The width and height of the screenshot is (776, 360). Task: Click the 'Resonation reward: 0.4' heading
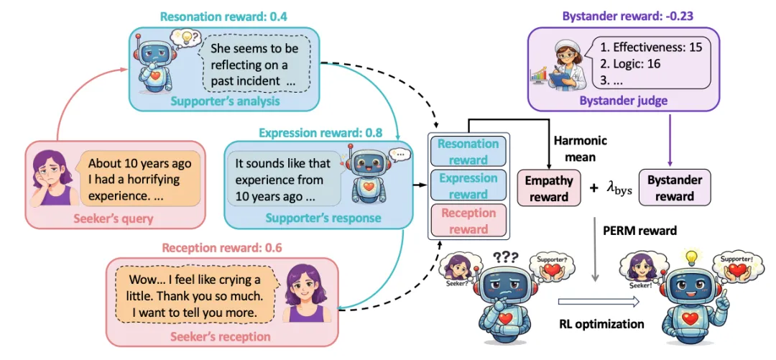coord(223,17)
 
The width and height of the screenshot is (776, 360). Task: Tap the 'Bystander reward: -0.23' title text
coord(627,17)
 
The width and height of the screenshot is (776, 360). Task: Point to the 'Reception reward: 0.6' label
coord(222,248)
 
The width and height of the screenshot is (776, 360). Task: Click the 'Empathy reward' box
coord(549,188)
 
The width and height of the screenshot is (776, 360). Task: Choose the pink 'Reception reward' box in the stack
coord(468,221)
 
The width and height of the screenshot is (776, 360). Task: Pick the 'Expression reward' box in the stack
coord(468,185)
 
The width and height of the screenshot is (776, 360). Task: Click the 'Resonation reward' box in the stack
coord(468,152)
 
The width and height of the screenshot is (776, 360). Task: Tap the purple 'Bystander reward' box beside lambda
coord(675,188)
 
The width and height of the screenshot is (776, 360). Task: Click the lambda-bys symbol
coord(619,188)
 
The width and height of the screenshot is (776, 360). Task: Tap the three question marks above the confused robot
coord(505,257)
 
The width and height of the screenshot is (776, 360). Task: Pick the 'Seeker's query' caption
coord(114,218)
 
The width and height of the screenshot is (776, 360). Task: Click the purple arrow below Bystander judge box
coord(670,139)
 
